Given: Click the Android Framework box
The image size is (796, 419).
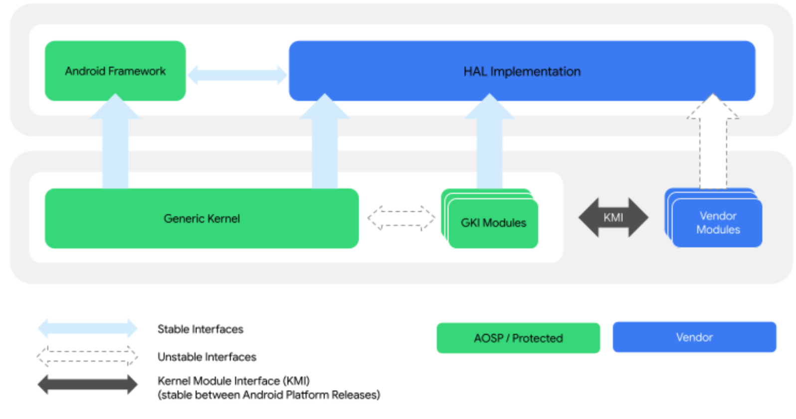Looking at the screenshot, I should tap(115, 71).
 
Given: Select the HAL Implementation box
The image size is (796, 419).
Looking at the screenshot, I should tap(522, 71).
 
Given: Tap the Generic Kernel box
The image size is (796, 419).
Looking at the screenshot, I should tap(201, 218).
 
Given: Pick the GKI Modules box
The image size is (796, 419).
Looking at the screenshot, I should tap(493, 223).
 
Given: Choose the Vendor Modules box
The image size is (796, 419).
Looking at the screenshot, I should tap(717, 223).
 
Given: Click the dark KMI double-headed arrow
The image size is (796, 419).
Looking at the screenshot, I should tap(613, 217).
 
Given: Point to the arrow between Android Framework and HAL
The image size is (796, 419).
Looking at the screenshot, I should tap(237, 75).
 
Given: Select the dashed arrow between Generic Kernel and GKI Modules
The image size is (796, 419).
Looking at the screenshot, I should tap(401, 218).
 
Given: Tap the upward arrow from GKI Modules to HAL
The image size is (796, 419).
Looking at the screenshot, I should tap(489, 145).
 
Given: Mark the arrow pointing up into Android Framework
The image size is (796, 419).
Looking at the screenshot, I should tap(115, 145).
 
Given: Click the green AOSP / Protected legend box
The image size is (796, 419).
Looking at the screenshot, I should tap(518, 338).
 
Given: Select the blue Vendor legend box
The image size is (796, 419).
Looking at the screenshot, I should tap(694, 337).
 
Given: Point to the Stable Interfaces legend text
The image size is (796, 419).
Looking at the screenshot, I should tap(200, 329).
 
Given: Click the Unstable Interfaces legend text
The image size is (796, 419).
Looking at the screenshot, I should tap(207, 357).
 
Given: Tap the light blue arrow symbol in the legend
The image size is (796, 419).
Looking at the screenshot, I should tap(87, 328).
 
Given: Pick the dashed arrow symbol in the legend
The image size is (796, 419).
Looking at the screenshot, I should tap(87, 356).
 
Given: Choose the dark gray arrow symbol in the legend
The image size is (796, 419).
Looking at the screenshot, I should tap(87, 385).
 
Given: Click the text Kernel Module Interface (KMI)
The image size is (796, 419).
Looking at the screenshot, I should tap(233, 381).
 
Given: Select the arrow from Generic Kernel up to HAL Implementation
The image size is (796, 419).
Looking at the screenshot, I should tap(325, 145).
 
